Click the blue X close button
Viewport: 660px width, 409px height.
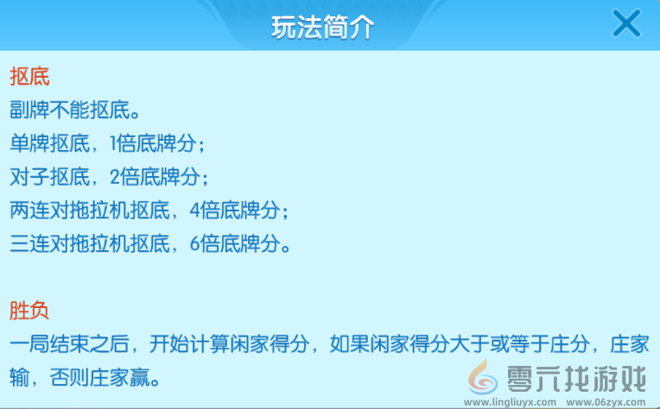(x=626, y=23)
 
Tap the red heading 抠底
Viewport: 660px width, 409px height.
(x=29, y=76)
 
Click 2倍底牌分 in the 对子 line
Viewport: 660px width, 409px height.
(x=159, y=176)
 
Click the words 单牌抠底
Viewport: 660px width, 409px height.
(x=50, y=142)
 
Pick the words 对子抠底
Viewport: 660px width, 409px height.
(x=50, y=176)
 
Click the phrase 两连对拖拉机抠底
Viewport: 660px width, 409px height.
(x=90, y=210)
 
